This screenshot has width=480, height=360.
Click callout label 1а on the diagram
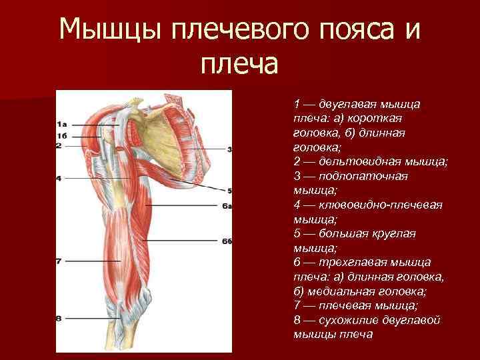[61, 124]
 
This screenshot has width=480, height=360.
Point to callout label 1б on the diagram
[61, 136]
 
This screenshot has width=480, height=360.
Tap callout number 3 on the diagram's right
[229, 149]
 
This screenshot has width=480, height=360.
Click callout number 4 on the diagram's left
[59, 178]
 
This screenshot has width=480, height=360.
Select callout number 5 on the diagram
[229, 190]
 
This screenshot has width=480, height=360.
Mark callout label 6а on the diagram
[227, 207]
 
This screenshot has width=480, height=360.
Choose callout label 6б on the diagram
[227, 240]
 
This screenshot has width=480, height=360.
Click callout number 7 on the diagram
[59, 261]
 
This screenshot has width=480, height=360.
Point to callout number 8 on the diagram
[59, 319]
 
